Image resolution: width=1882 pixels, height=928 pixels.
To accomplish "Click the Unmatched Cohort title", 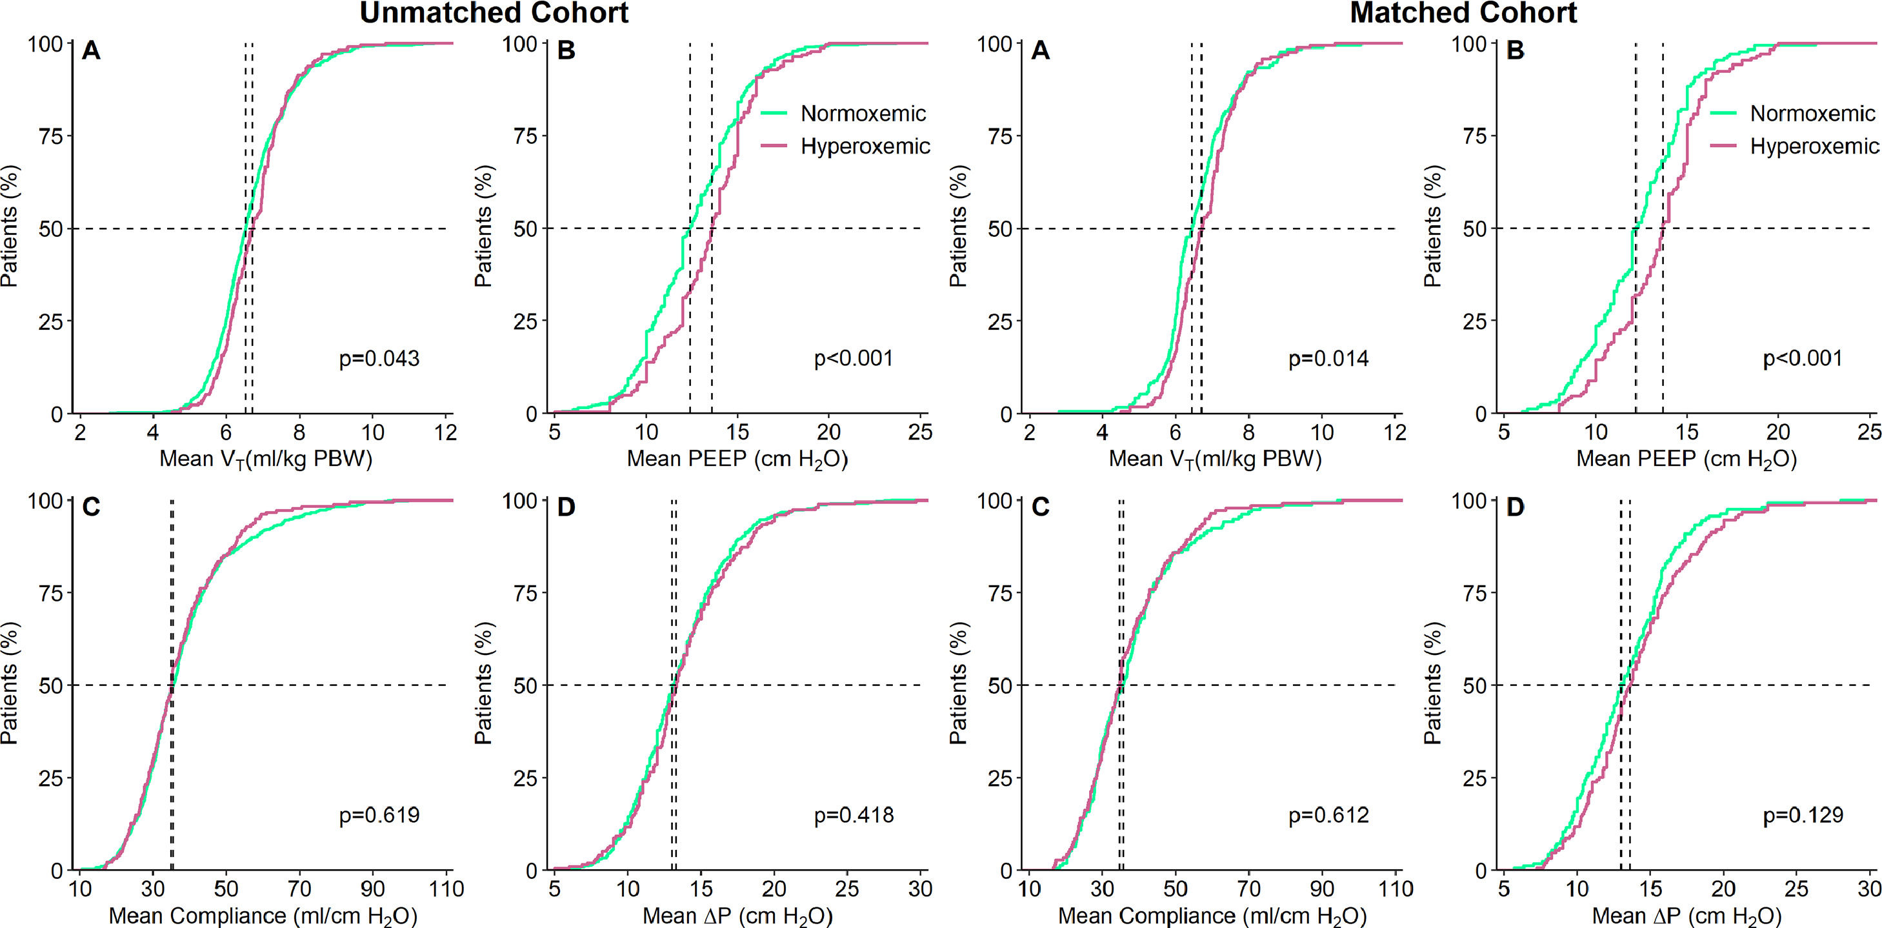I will point(494,13).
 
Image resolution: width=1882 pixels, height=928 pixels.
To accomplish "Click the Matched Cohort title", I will point(1463,13).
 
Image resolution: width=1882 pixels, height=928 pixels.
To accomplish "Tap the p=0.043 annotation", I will point(379,359).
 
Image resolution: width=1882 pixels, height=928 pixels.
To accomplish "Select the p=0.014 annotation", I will point(1328,359).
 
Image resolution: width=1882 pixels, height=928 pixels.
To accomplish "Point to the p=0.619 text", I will point(379,816).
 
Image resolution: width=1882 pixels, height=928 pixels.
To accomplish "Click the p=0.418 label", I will point(854,816).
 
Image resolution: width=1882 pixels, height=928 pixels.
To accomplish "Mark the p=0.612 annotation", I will point(1328,816).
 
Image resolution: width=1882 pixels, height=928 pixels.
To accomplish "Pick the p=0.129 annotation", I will point(1803,816).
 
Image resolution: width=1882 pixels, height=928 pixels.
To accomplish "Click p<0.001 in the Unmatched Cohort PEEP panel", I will point(854,359).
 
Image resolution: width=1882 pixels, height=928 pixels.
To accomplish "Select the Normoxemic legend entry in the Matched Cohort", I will point(1812,114).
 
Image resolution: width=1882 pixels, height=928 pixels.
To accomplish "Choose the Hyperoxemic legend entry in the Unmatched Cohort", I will point(865,147).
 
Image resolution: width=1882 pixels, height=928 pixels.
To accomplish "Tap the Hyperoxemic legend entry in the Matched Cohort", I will point(1814,147).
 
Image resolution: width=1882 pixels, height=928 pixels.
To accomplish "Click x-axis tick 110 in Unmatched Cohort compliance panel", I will point(446,889).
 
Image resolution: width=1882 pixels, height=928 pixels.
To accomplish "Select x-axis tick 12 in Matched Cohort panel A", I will point(1396,432).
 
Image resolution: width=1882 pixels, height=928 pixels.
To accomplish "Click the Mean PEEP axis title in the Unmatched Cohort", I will point(737,459).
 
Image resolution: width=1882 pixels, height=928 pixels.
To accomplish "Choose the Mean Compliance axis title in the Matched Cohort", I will point(1212,916).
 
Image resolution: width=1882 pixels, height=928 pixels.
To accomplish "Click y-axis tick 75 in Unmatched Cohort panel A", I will point(50,137).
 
